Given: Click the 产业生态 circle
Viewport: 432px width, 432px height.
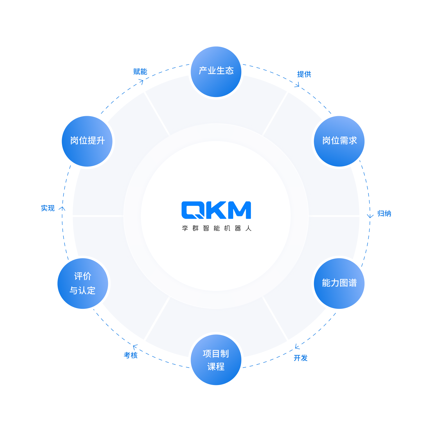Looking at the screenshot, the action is (x=216, y=72).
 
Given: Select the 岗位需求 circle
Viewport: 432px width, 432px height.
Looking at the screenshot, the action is (x=339, y=141).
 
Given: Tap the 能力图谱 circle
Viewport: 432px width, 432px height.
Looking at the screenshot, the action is (x=339, y=283).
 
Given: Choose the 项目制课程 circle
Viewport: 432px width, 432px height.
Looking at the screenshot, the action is (x=216, y=360).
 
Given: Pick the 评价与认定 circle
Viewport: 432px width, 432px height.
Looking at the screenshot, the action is (x=83, y=283).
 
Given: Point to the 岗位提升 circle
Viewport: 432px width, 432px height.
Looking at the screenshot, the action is (x=87, y=141).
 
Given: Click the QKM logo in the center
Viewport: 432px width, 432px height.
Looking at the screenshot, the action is (x=216, y=210).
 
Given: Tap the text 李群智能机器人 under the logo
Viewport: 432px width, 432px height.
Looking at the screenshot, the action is (x=217, y=228).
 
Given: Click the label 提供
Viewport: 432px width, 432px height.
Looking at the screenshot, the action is (x=304, y=74).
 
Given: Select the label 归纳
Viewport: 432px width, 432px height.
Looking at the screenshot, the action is (x=384, y=213).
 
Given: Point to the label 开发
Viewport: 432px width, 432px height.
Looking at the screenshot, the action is (x=301, y=358).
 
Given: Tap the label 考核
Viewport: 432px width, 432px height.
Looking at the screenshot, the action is (x=131, y=355).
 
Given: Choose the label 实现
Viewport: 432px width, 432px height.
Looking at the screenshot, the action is (x=48, y=208).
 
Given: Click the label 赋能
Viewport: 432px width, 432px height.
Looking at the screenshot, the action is (x=140, y=72).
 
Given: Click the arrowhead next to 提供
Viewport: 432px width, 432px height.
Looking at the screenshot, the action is (x=297, y=85).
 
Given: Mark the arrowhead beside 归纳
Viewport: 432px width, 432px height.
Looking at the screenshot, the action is (x=370, y=216).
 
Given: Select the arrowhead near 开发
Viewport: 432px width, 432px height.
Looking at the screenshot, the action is (x=297, y=346).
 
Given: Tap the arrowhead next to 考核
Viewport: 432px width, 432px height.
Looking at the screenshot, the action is (x=135, y=347).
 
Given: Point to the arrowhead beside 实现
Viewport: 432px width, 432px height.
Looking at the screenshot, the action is (x=62, y=208).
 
